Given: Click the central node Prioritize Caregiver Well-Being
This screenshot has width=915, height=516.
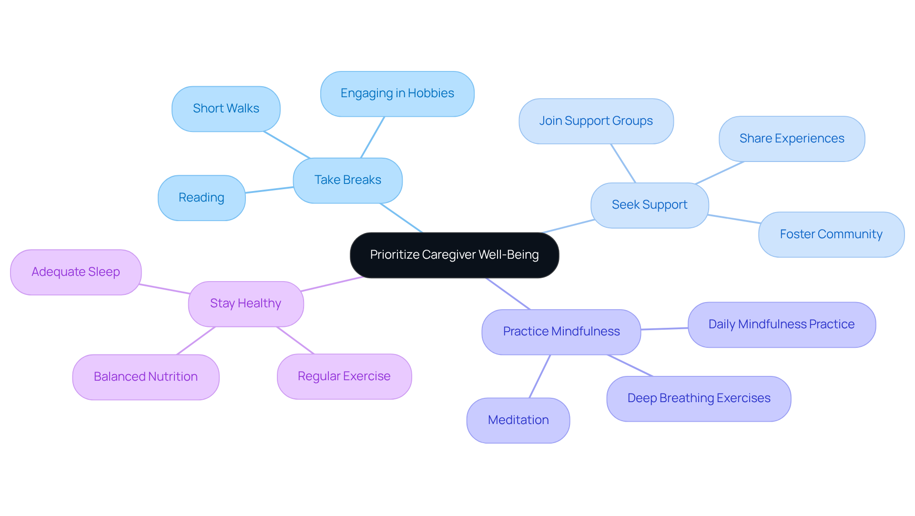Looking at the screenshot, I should click(x=454, y=255).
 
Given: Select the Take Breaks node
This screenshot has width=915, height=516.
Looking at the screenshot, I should click(x=347, y=180).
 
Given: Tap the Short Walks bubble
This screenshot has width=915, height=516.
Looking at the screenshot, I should click(x=226, y=109).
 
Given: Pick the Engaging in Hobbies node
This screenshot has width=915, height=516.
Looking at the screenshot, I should click(x=397, y=93).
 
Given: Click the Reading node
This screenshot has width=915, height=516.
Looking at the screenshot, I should click(x=201, y=198).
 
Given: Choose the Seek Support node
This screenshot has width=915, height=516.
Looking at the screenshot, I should click(x=649, y=205).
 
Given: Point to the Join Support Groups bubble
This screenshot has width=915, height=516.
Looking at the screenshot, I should click(x=596, y=121).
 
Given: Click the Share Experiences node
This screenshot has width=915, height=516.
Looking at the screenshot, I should click(x=792, y=139).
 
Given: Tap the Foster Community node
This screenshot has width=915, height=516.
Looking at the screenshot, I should click(x=831, y=234).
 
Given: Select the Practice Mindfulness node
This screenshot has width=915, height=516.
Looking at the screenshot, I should click(x=561, y=332).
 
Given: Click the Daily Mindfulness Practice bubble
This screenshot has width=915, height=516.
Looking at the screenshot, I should click(x=781, y=324).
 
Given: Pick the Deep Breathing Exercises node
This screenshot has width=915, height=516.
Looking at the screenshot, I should click(x=699, y=398).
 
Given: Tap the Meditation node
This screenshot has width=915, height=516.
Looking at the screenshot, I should click(x=518, y=420).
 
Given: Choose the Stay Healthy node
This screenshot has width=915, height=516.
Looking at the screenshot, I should click(x=245, y=304).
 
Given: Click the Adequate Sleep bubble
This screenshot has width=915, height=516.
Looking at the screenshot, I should click(x=76, y=272).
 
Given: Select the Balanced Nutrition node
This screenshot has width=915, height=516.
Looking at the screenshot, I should click(x=145, y=377).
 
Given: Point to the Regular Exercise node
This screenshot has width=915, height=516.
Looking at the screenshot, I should click(x=344, y=376).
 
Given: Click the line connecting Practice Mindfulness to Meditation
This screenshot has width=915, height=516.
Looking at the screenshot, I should click(x=540, y=376).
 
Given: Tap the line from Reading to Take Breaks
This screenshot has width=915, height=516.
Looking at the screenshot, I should click(x=269, y=190).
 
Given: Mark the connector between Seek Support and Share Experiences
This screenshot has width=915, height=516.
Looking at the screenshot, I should click(x=720, y=172).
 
